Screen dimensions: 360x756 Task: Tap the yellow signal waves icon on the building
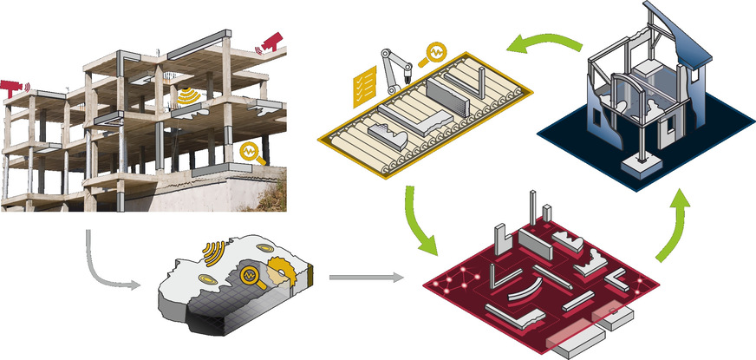[x=186, y=96]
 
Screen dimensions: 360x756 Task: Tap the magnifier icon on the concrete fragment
[x=249, y=276]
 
